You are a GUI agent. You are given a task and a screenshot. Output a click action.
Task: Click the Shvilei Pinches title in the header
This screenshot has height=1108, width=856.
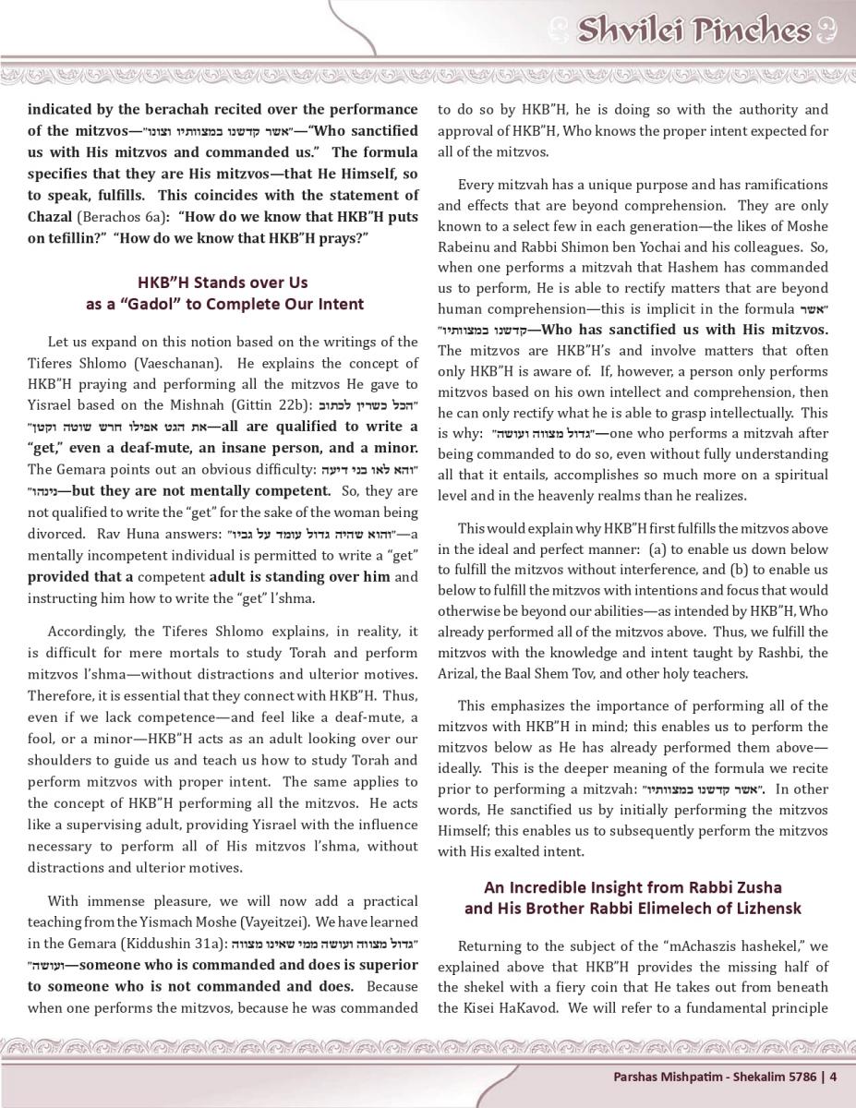(693, 30)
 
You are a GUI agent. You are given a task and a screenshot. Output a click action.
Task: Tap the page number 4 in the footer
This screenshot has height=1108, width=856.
(833, 1076)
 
